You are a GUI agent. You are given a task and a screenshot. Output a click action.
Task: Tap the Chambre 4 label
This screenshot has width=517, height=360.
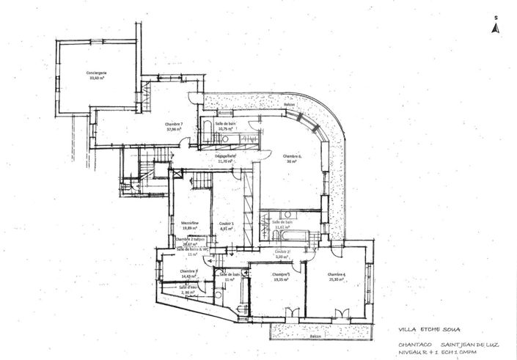(x=337, y=273)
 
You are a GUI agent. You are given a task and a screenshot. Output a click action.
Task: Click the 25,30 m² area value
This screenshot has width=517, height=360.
(x=337, y=279)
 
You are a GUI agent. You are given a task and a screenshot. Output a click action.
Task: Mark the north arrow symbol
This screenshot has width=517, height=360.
(x=496, y=26)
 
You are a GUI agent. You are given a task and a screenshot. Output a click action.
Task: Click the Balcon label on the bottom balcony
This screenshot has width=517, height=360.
(x=315, y=337)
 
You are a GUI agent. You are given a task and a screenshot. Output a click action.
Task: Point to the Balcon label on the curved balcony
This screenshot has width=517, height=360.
(x=290, y=105)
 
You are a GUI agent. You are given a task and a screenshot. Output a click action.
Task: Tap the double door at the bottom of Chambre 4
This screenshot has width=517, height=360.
(x=340, y=314)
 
